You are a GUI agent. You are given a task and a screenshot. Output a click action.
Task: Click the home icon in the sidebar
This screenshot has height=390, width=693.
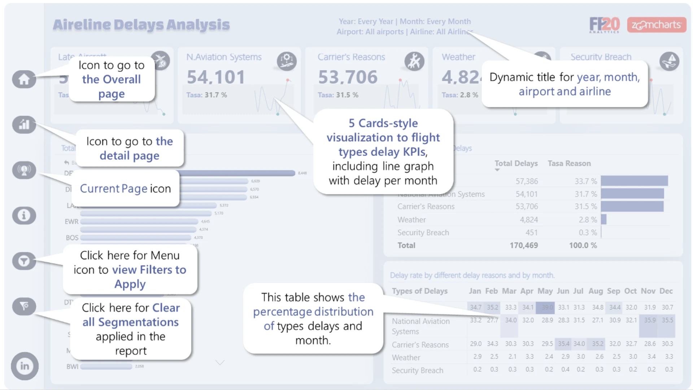(24, 79)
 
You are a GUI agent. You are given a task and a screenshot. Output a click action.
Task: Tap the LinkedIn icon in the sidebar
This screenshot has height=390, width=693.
(25, 366)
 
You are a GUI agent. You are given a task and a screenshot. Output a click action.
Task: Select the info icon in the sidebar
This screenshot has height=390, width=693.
(24, 216)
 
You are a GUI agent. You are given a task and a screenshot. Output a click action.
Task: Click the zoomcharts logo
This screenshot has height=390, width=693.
(657, 25)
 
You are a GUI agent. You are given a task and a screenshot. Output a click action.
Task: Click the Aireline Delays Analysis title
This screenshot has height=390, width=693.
(141, 25)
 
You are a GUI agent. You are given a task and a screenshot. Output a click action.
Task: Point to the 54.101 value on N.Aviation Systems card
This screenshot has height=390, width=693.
(216, 77)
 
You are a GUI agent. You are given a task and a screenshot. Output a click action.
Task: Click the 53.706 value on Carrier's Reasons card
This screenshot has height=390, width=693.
(348, 77)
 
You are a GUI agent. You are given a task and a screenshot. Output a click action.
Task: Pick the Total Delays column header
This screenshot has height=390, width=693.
(516, 164)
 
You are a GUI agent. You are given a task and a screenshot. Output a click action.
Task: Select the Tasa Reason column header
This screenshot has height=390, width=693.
(569, 164)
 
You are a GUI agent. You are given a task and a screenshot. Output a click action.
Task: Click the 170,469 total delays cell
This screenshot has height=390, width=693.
(524, 246)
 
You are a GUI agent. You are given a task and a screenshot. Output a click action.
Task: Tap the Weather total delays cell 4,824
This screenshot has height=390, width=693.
(529, 220)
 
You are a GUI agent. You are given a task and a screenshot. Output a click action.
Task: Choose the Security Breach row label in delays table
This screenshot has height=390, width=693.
(423, 233)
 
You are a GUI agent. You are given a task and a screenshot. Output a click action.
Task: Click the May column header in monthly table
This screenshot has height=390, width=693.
(545, 291)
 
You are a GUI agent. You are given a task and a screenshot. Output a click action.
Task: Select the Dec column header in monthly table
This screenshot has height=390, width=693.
(666, 291)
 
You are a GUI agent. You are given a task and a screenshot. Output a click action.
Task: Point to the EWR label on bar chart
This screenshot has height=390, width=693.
(71, 222)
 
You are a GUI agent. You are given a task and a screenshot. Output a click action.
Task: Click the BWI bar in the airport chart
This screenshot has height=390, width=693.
(106, 367)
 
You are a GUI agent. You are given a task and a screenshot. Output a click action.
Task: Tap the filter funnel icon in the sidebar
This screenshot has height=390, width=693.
(24, 261)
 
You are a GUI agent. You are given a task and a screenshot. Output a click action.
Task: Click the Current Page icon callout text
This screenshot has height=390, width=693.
(125, 188)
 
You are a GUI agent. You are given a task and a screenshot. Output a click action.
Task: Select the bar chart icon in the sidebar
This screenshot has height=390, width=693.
(24, 125)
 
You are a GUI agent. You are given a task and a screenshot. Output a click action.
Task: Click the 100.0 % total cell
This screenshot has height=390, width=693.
(583, 246)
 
